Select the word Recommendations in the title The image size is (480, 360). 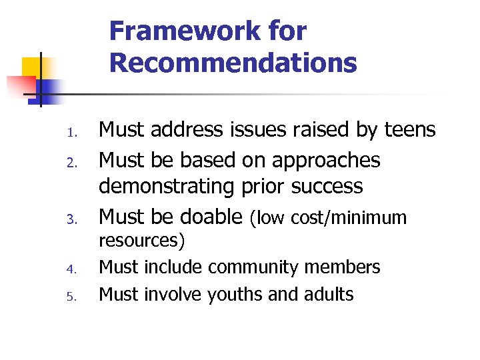(x=233, y=63)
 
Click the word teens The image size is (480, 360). (x=410, y=130)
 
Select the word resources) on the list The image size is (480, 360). (x=142, y=240)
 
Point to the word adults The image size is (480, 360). (x=327, y=293)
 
